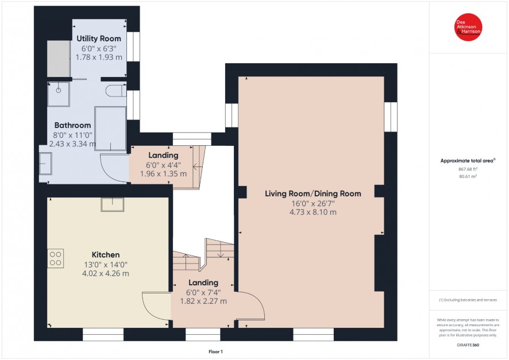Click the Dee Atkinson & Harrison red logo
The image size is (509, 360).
tap(468, 27)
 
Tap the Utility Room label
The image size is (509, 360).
tap(99, 38)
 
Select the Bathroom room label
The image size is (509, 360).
tap(72, 125)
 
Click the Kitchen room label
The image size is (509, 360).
tap(106, 255)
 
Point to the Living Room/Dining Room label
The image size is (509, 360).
tap(313, 193)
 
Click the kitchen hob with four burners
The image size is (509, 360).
tap(56, 258)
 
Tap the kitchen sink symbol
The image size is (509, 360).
tap(113, 204)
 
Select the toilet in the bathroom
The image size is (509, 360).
tap(116, 91)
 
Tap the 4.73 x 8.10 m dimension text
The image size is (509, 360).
tap(313, 212)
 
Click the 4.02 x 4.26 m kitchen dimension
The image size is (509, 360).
tap(106, 273)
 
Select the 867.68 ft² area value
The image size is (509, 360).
tap(468, 169)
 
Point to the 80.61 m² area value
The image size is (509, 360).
tap(468, 176)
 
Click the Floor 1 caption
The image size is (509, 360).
tap(215, 351)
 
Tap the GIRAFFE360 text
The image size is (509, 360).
tap(468, 344)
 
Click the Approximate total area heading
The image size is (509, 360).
tap(468, 161)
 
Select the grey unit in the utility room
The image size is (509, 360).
tap(59, 59)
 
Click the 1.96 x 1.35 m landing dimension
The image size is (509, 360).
tap(163, 174)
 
